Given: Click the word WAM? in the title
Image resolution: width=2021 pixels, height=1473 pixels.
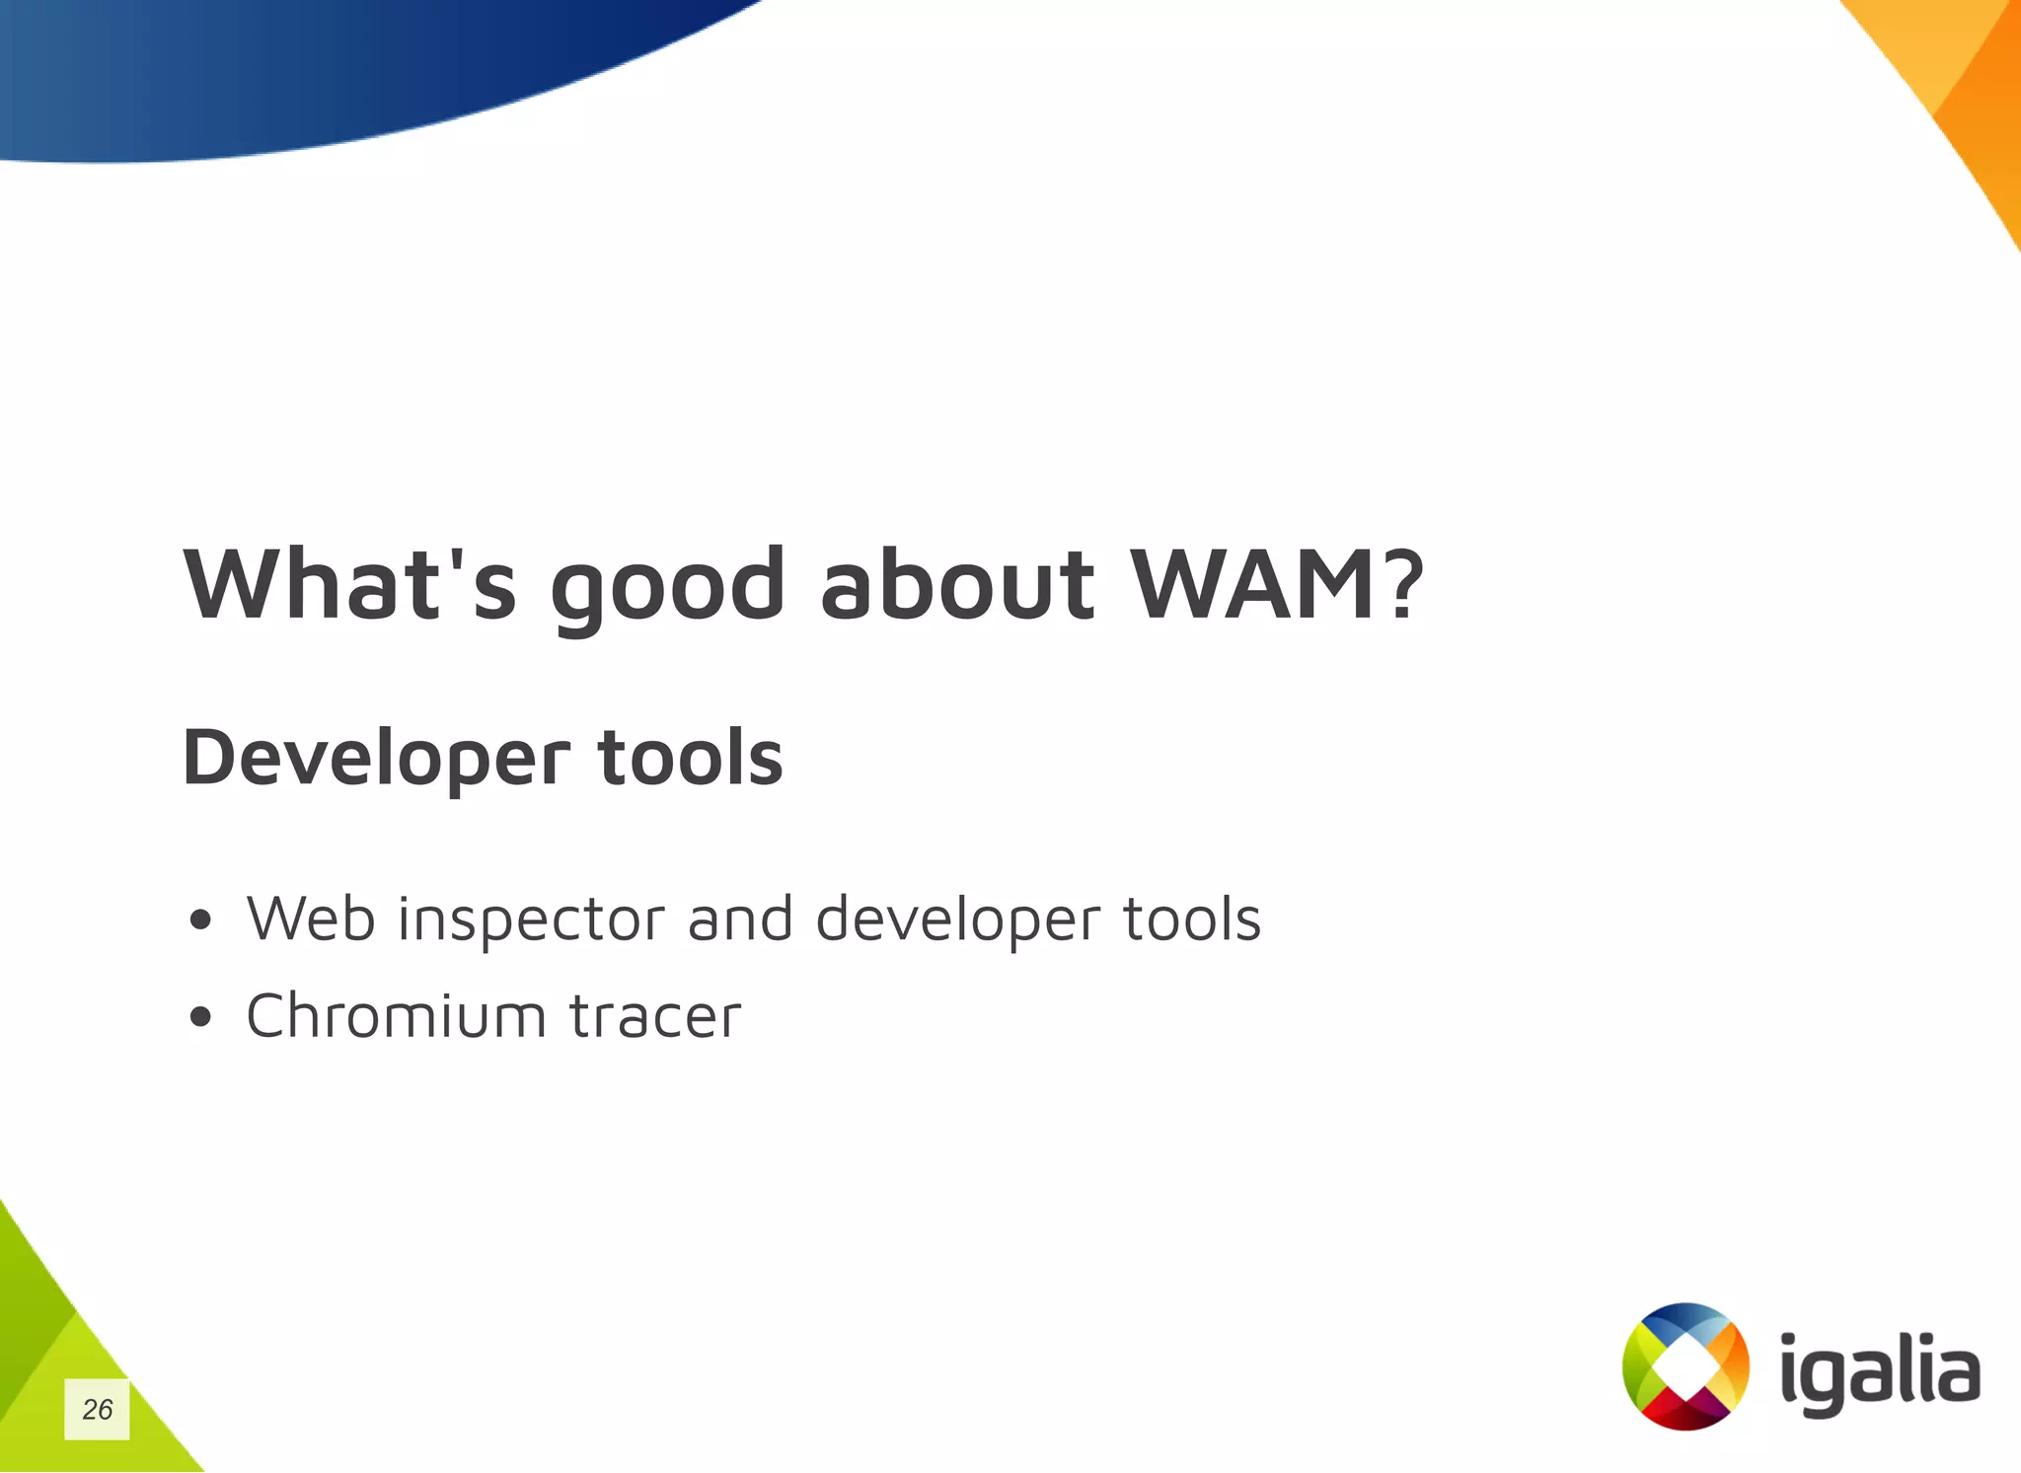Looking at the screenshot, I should coord(1276,585).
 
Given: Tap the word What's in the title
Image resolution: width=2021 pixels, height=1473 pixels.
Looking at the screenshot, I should coord(350,585).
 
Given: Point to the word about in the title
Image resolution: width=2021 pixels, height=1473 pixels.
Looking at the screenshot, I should coord(956,585).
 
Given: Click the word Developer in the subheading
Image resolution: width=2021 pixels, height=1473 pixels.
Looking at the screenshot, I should coord(376,759).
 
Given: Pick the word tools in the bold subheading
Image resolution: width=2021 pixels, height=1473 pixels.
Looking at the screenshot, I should coord(690,757).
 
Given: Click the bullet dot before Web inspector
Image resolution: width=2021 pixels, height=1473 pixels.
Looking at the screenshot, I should coord(200,921).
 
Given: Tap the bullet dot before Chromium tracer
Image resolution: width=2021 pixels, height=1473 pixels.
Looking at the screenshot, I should coord(200,1017).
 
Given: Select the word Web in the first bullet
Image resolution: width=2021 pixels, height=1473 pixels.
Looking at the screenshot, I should coord(311,919).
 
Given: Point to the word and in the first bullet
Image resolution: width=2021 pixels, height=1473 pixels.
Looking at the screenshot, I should coord(740,919).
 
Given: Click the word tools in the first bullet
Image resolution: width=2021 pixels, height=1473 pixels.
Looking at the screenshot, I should coord(1192,919).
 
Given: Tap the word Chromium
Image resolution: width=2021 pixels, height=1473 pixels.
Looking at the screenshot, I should coord(396,1015).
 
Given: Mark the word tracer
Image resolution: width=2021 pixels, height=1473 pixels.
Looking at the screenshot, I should coord(654,1017).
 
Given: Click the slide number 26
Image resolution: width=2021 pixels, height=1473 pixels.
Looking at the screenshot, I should coord(97,1409).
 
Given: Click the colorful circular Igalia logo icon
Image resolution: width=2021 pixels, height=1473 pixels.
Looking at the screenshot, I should coord(1685,1366).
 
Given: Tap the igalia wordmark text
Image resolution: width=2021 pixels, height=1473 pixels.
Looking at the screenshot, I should coord(1880,1374).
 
